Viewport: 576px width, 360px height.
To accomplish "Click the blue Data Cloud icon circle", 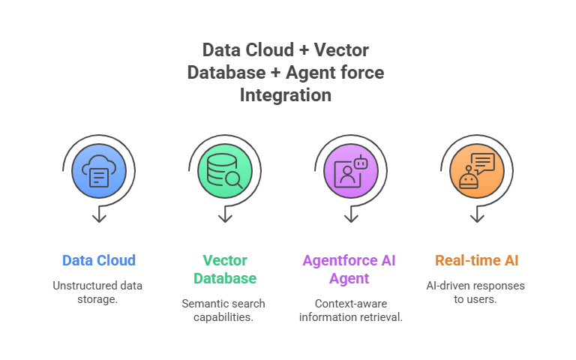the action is pyautogui.click(x=99, y=171).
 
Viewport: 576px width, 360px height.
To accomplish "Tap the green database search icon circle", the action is pyautogui.click(x=225, y=171).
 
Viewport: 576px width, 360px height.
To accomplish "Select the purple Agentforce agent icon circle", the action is pyautogui.click(x=351, y=171).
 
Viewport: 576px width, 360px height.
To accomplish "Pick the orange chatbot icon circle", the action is pyautogui.click(x=477, y=171).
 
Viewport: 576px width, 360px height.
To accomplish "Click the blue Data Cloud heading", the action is pyautogui.click(x=99, y=260).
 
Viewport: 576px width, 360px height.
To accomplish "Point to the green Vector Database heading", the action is pyautogui.click(x=225, y=269).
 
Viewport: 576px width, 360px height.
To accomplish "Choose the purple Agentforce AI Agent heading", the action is pyautogui.click(x=349, y=269).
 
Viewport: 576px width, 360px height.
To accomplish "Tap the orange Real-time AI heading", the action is pyautogui.click(x=477, y=260).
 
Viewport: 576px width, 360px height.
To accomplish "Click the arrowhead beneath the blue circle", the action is pyautogui.click(x=99, y=219).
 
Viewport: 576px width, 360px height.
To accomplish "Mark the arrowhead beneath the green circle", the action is pyautogui.click(x=225, y=219).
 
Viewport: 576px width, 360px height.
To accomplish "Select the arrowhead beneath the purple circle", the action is pyautogui.click(x=351, y=219).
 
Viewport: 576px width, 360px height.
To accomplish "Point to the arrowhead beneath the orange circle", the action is pyautogui.click(x=477, y=219).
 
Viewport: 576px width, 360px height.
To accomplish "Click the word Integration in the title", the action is pyautogui.click(x=286, y=95).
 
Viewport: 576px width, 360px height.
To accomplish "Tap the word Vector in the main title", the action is pyautogui.click(x=341, y=50).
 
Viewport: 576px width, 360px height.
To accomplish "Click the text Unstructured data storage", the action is pyautogui.click(x=97, y=292).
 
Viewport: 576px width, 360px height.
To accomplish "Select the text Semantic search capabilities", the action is pyautogui.click(x=223, y=310).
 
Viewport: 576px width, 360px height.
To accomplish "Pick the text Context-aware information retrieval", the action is pyautogui.click(x=351, y=310).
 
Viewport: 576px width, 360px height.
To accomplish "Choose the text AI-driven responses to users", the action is pyautogui.click(x=475, y=292).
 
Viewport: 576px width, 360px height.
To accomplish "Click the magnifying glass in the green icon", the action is pyautogui.click(x=234, y=180).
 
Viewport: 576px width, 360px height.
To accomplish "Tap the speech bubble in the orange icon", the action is pyautogui.click(x=483, y=163).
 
